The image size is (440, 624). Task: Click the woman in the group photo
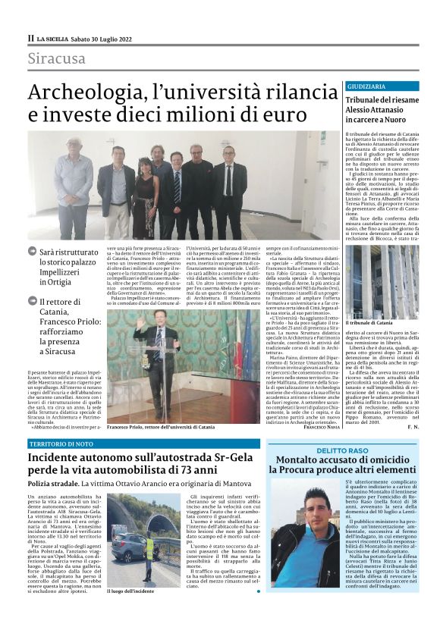[x=145, y=193]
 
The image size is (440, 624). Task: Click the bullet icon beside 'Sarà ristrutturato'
[x=33, y=250]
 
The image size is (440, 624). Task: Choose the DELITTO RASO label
[x=343, y=450]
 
